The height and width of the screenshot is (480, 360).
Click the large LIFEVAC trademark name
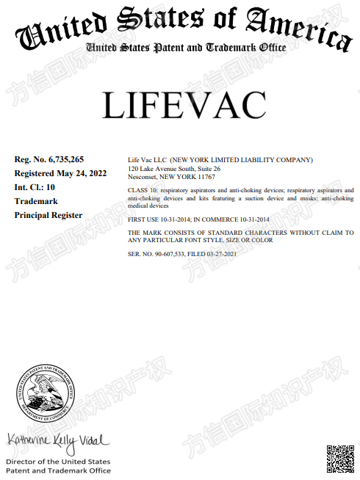184,106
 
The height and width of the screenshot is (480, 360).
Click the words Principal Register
48,215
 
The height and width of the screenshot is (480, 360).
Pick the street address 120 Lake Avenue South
165,168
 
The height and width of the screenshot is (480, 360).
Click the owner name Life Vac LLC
147,159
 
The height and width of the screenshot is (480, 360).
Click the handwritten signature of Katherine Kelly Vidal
58,440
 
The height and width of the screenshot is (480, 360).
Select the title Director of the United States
58,462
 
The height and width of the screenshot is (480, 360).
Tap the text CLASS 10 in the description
143,190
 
